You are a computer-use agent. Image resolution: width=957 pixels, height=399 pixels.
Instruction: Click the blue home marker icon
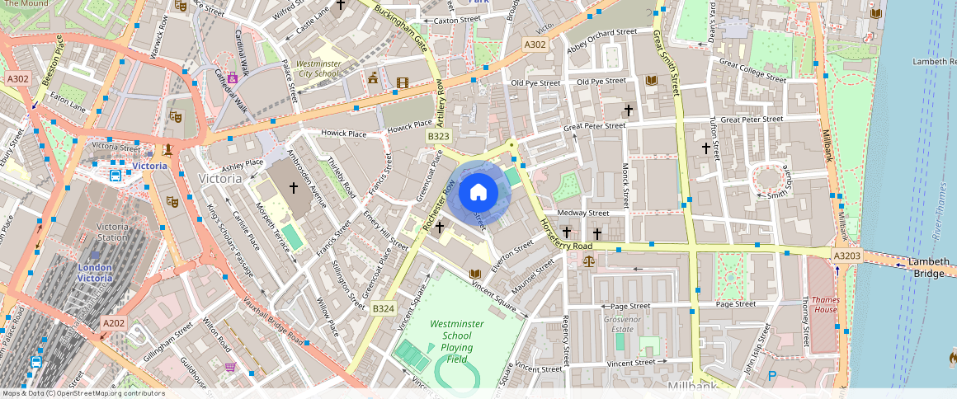click(x=478, y=193)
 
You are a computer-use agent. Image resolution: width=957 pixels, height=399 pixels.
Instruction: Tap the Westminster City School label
click(x=317, y=68)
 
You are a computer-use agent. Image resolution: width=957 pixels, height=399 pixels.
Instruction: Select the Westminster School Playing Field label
click(x=462, y=341)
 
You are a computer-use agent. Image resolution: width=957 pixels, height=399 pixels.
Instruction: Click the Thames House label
click(x=824, y=304)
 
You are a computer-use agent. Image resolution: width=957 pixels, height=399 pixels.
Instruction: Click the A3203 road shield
click(x=846, y=256)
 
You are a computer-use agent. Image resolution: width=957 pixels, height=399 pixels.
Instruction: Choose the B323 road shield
click(x=438, y=135)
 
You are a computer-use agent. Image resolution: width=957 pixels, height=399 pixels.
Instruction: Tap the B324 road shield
click(x=383, y=308)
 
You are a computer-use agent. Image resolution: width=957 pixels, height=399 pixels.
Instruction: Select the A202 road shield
click(x=113, y=323)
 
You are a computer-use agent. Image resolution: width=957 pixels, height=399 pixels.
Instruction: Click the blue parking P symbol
click(x=772, y=376)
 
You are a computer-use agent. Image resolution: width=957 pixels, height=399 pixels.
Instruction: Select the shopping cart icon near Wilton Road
click(x=230, y=367)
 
